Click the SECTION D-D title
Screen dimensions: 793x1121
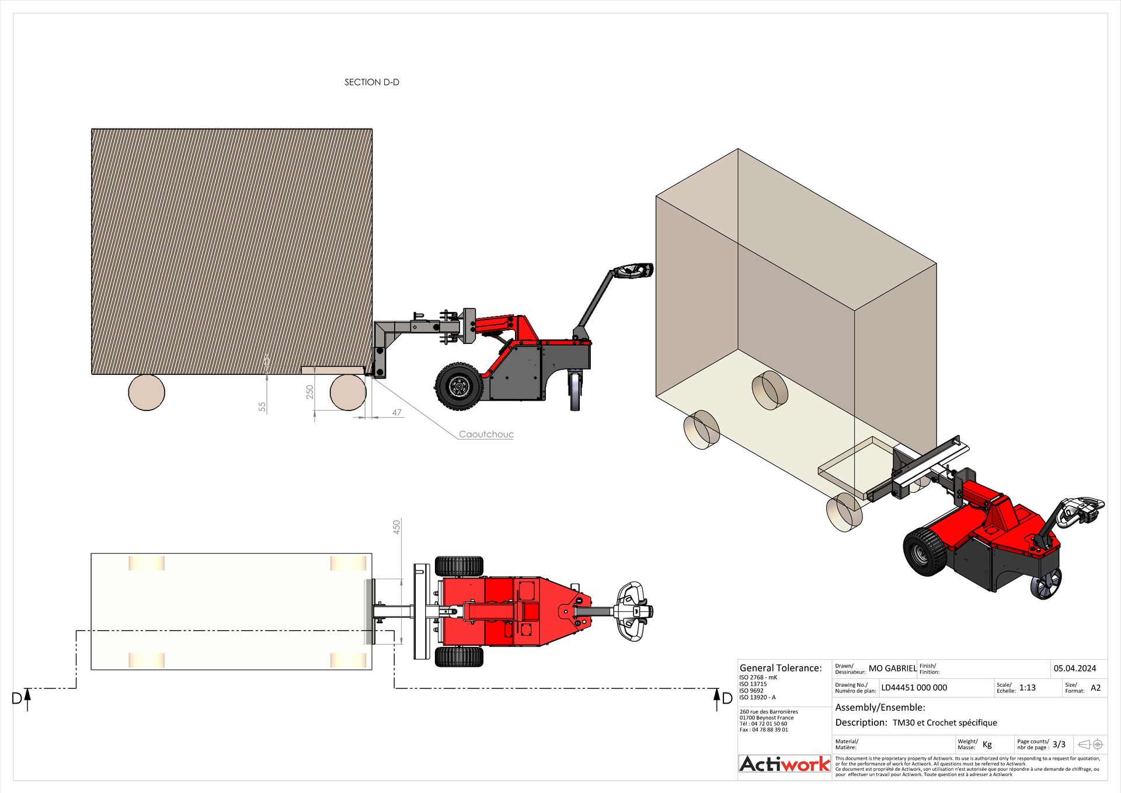tap(371, 82)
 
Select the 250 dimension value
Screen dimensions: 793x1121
tap(309, 392)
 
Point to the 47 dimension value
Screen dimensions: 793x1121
tap(397, 413)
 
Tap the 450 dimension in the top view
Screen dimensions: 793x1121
tap(396, 527)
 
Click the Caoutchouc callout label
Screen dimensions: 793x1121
tap(486, 434)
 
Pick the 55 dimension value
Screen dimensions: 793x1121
tap(262, 407)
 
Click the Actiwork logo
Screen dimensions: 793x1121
tap(784, 764)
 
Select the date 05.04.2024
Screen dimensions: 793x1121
tap(1074, 669)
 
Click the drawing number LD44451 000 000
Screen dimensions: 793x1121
tap(914, 688)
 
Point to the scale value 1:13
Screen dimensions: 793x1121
tap(1027, 688)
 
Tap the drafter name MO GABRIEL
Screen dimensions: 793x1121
tap(892, 669)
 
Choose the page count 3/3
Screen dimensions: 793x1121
tap(1059, 745)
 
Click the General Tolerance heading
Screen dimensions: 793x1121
tap(780, 668)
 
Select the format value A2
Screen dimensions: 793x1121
tap(1095, 688)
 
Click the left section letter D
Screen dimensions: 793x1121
tap(17, 698)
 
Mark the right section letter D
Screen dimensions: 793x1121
tap(727, 698)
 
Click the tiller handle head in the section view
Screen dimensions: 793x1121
tap(633, 272)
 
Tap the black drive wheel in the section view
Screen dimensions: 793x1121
tap(459, 385)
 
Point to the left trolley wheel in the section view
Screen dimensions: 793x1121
tap(147, 392)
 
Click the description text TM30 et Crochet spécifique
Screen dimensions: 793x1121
tap(944, 723)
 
